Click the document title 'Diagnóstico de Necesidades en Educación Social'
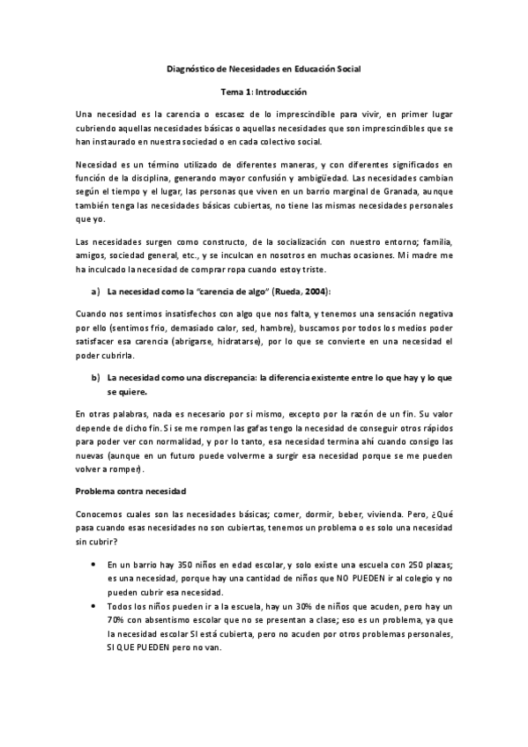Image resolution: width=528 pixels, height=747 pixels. click(x=264, y=68)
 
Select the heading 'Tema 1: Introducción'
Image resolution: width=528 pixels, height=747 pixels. click(x=264, y=91)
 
